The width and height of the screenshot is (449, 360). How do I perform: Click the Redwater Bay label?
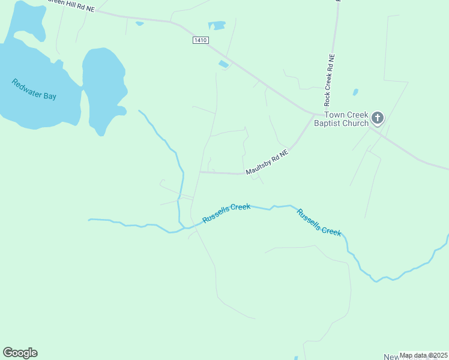[x=34, y=89]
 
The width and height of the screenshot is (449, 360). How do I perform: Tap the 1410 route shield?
[x=200, y=40]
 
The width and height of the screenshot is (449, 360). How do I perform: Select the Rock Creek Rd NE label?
[x=330, y=79]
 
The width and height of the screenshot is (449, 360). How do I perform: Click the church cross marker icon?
[x=378, y=118]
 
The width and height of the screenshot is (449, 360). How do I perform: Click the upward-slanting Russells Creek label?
[x=226, y=213]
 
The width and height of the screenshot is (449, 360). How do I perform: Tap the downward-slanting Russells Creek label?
[x=319, y=222]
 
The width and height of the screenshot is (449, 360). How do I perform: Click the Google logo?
[x=20, y=353]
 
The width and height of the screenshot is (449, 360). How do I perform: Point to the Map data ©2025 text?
[x=423, y=355]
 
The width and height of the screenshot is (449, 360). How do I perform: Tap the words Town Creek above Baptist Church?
[x=345, y=115]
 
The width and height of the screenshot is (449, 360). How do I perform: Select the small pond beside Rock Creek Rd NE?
[x=355, y=92]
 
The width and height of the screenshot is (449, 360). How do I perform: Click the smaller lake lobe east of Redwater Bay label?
[x=103, y=84]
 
